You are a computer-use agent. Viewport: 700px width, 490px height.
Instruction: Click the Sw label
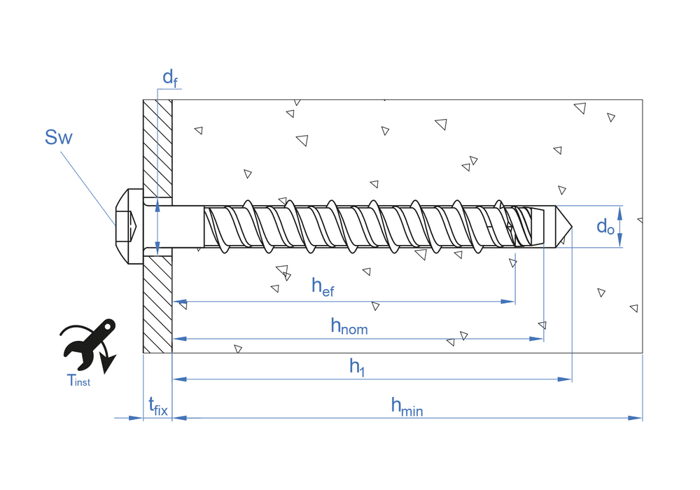tap(58, 137)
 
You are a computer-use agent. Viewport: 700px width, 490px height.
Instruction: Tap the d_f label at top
tap(170, 78)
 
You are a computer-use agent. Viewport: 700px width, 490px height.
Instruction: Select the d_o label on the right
tap(605, 227)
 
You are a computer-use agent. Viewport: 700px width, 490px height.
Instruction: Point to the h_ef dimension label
tap(323, 286)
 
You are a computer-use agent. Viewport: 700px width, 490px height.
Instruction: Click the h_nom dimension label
tap(349, 326)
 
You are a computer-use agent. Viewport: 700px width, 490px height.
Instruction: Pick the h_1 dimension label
tap(357, 367)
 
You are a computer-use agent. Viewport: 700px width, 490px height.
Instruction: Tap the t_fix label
tap(158, 405)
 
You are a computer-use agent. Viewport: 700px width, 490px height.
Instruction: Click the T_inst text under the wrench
tap(78, 381)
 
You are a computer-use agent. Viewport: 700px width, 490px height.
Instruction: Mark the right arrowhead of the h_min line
tap(636, 418)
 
